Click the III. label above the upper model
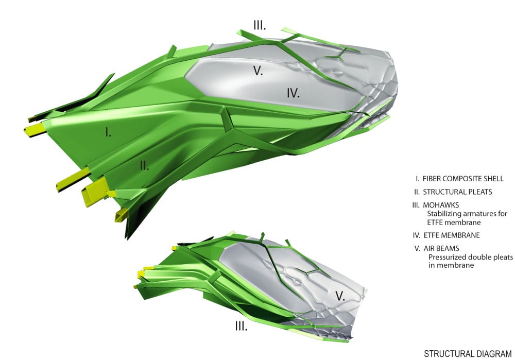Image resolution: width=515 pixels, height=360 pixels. pos(260,25)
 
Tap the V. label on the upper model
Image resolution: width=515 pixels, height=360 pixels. pos(258,71)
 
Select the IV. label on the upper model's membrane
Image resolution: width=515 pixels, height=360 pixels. pos(293,94)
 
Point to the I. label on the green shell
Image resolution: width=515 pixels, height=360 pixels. pos(108,132)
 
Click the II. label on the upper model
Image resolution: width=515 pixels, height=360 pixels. pos(145,165)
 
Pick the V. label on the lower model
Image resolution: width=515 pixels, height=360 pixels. pos(340,296)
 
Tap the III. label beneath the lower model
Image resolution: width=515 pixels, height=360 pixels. pos(241,326)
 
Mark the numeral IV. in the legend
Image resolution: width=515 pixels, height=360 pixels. pos(417,235)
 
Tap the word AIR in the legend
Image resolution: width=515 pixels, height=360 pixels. pos(430,248)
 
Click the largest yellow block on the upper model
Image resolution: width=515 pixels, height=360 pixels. pos(95,191)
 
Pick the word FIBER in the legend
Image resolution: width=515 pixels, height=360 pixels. pos(432,179)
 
